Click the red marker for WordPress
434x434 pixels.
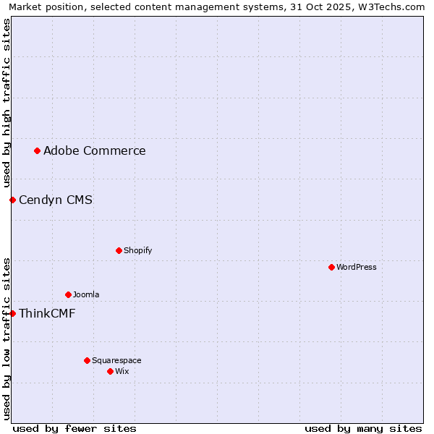(331, 267)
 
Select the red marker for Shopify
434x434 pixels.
(119, 250)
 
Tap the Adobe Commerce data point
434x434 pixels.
(37, 150)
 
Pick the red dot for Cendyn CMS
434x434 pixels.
(12, 200)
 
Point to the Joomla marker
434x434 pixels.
(68, 294)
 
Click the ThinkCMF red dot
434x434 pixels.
(12, 313)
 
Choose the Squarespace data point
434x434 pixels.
(87, 360)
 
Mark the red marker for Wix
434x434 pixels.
(110, 371)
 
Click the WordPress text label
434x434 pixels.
(357, 267)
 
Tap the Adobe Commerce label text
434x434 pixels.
(95, 150)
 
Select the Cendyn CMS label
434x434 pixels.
(56, 200)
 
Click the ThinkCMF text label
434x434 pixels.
(47, 313)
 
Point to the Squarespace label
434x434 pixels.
(116, 360)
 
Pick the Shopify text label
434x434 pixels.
(137, 250)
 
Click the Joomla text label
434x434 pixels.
(86, 294)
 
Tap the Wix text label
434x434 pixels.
(122, 371)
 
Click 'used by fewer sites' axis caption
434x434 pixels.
(75, 428)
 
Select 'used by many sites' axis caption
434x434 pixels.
(363, 428)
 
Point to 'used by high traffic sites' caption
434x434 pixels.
(7, 103)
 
